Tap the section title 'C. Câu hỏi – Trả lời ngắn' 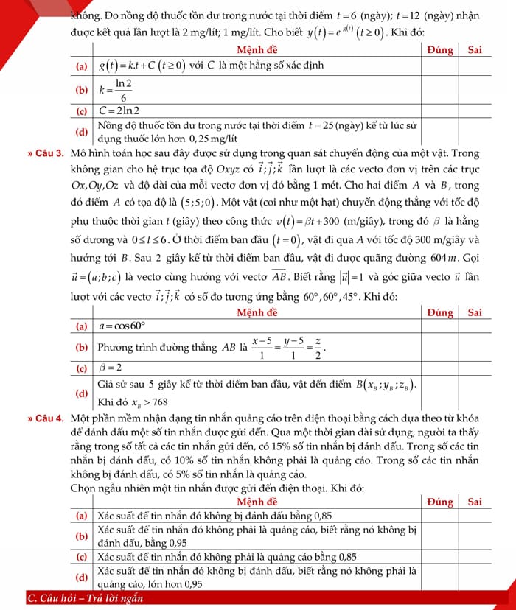tap(85, 598)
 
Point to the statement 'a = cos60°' tap(123, 325)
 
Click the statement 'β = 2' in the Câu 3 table tap(111, 367)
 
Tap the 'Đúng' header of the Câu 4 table tap(442, 502)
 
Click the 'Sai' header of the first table tap(475, 49)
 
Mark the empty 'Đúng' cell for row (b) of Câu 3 tap(442, 346)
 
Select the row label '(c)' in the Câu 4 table tap(83, 556)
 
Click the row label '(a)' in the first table tap(83, 65)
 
